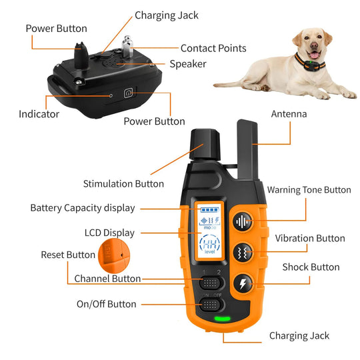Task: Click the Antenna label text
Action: click(289, 114)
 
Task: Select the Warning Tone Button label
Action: click(309, 190)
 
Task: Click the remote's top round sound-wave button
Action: click(242, 222)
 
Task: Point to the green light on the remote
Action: click(222, 317)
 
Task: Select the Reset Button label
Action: click(68, 255)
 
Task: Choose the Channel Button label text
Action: click(107, 279)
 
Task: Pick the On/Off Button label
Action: click(106, 304)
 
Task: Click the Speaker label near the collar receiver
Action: click(187, 64)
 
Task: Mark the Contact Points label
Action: click(213, 48)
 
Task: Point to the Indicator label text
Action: click(39, 114)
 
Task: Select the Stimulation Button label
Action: click(123, 183)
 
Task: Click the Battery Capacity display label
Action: click(82, 208)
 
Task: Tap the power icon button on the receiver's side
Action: click(129, 94)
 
